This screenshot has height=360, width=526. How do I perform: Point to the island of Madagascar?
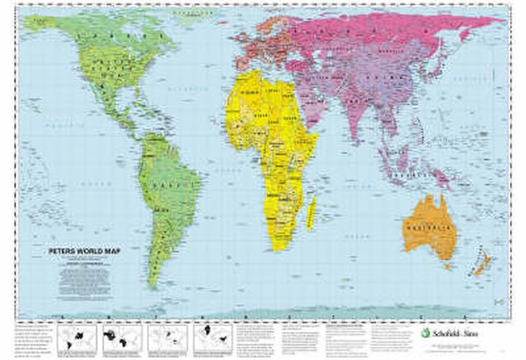tap(312, 212)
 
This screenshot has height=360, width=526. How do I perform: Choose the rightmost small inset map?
tap(213, 337)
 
